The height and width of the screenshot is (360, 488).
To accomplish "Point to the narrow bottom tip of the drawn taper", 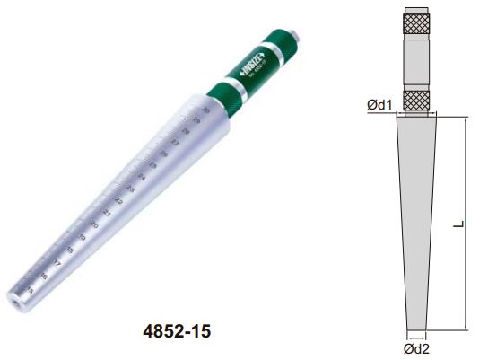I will pos(416,323).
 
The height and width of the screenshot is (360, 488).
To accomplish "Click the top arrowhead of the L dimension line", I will pos(466,119).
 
